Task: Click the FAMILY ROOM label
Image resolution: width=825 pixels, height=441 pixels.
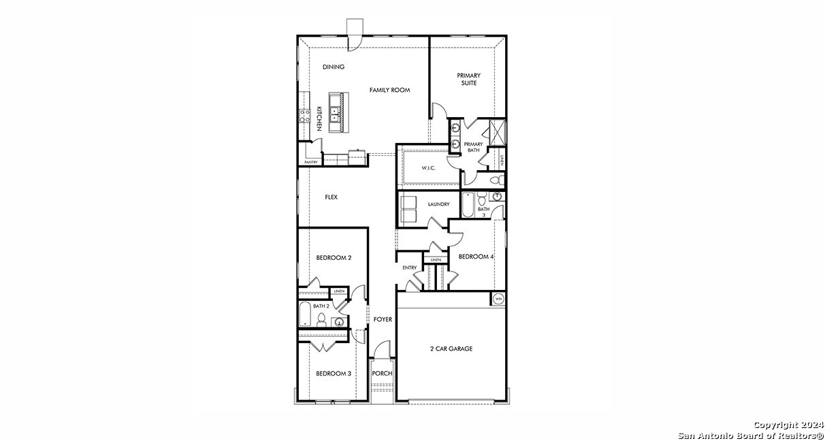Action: [x=389, y=90]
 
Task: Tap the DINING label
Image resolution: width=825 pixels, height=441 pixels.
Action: [x=334, y=67]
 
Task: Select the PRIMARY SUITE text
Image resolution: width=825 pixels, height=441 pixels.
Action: [x=468, y=79]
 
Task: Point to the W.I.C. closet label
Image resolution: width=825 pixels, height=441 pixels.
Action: [x=428, y=167]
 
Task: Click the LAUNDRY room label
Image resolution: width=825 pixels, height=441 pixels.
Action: [x=438, y=204]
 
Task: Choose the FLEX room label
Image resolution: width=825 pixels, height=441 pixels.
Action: [x=331, y=197]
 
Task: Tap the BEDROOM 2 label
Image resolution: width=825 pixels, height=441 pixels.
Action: [x=334, y=258]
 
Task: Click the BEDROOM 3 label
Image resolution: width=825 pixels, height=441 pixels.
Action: [x=334, y=374]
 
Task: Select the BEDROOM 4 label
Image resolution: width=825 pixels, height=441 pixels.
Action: [x=476, y=257]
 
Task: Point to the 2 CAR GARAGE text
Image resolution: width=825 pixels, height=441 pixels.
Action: [x=451, y=348]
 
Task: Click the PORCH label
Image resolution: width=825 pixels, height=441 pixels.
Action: [x=382, y=374]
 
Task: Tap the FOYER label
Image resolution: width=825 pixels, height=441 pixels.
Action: [x=383, y=319]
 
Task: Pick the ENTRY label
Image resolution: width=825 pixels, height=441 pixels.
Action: [x=409, y=267]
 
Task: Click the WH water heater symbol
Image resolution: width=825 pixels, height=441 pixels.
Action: [x=498, y=299]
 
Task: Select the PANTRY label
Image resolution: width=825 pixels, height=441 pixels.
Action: [x=311, y=162]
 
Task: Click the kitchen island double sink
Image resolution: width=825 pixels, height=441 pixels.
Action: [x=336, y=113]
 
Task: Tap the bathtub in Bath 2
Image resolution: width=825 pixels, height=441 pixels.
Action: [x=306, y=315]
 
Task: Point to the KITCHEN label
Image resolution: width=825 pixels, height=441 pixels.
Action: [x=319, y=118]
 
